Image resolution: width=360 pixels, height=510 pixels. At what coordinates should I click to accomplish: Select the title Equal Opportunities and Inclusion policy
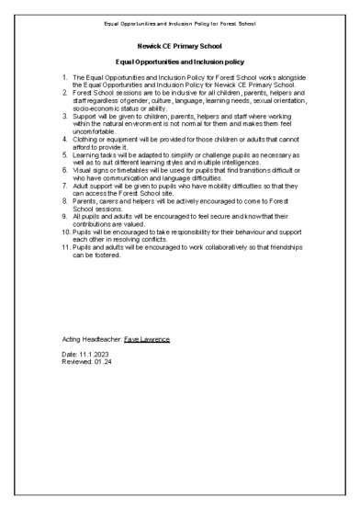(180, 61)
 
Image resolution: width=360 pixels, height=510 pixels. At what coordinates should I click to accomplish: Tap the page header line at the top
(180, 10)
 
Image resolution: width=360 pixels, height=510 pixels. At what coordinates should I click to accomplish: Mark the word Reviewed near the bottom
(79, 360)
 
